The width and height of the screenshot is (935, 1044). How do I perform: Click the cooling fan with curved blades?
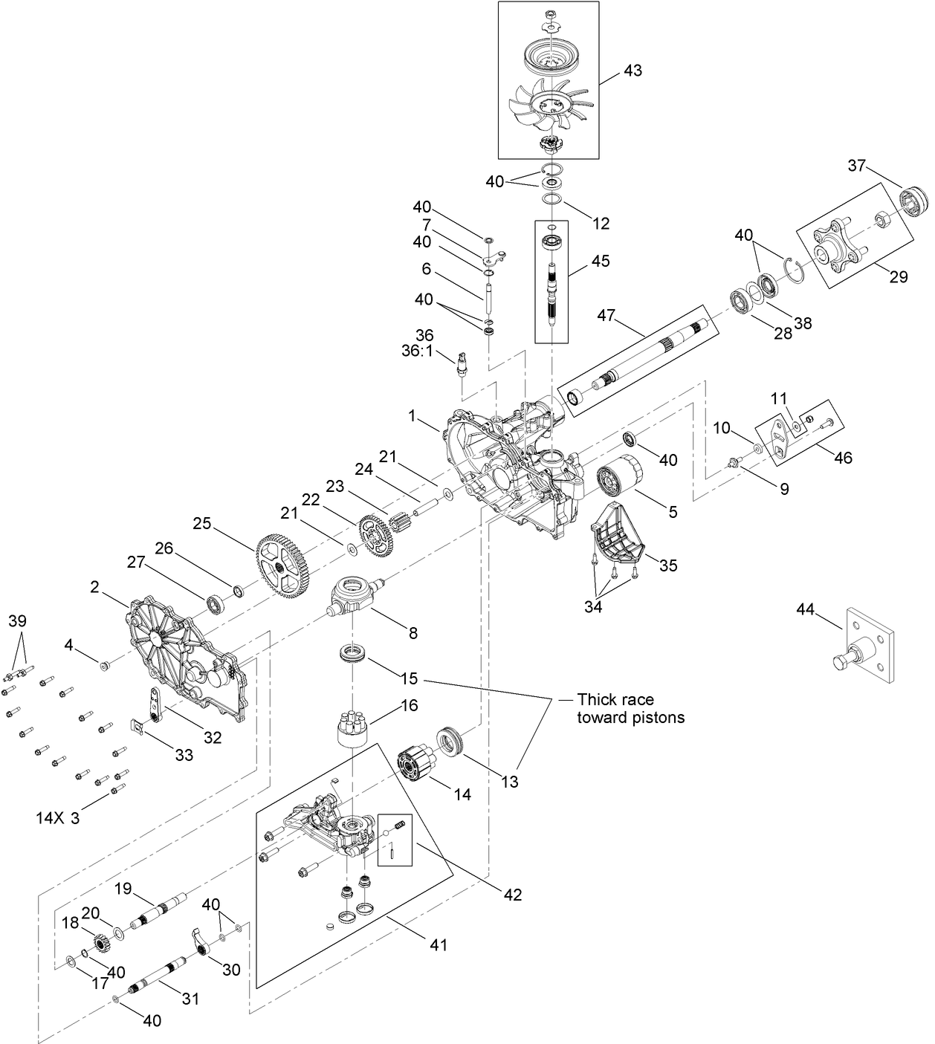pyautogui.click(x=548, y=105)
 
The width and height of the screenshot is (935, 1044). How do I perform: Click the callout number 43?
pyautogui.click(x=632, y=71)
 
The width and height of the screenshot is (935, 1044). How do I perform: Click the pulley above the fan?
pyautogui.click(x=549, y=56)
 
